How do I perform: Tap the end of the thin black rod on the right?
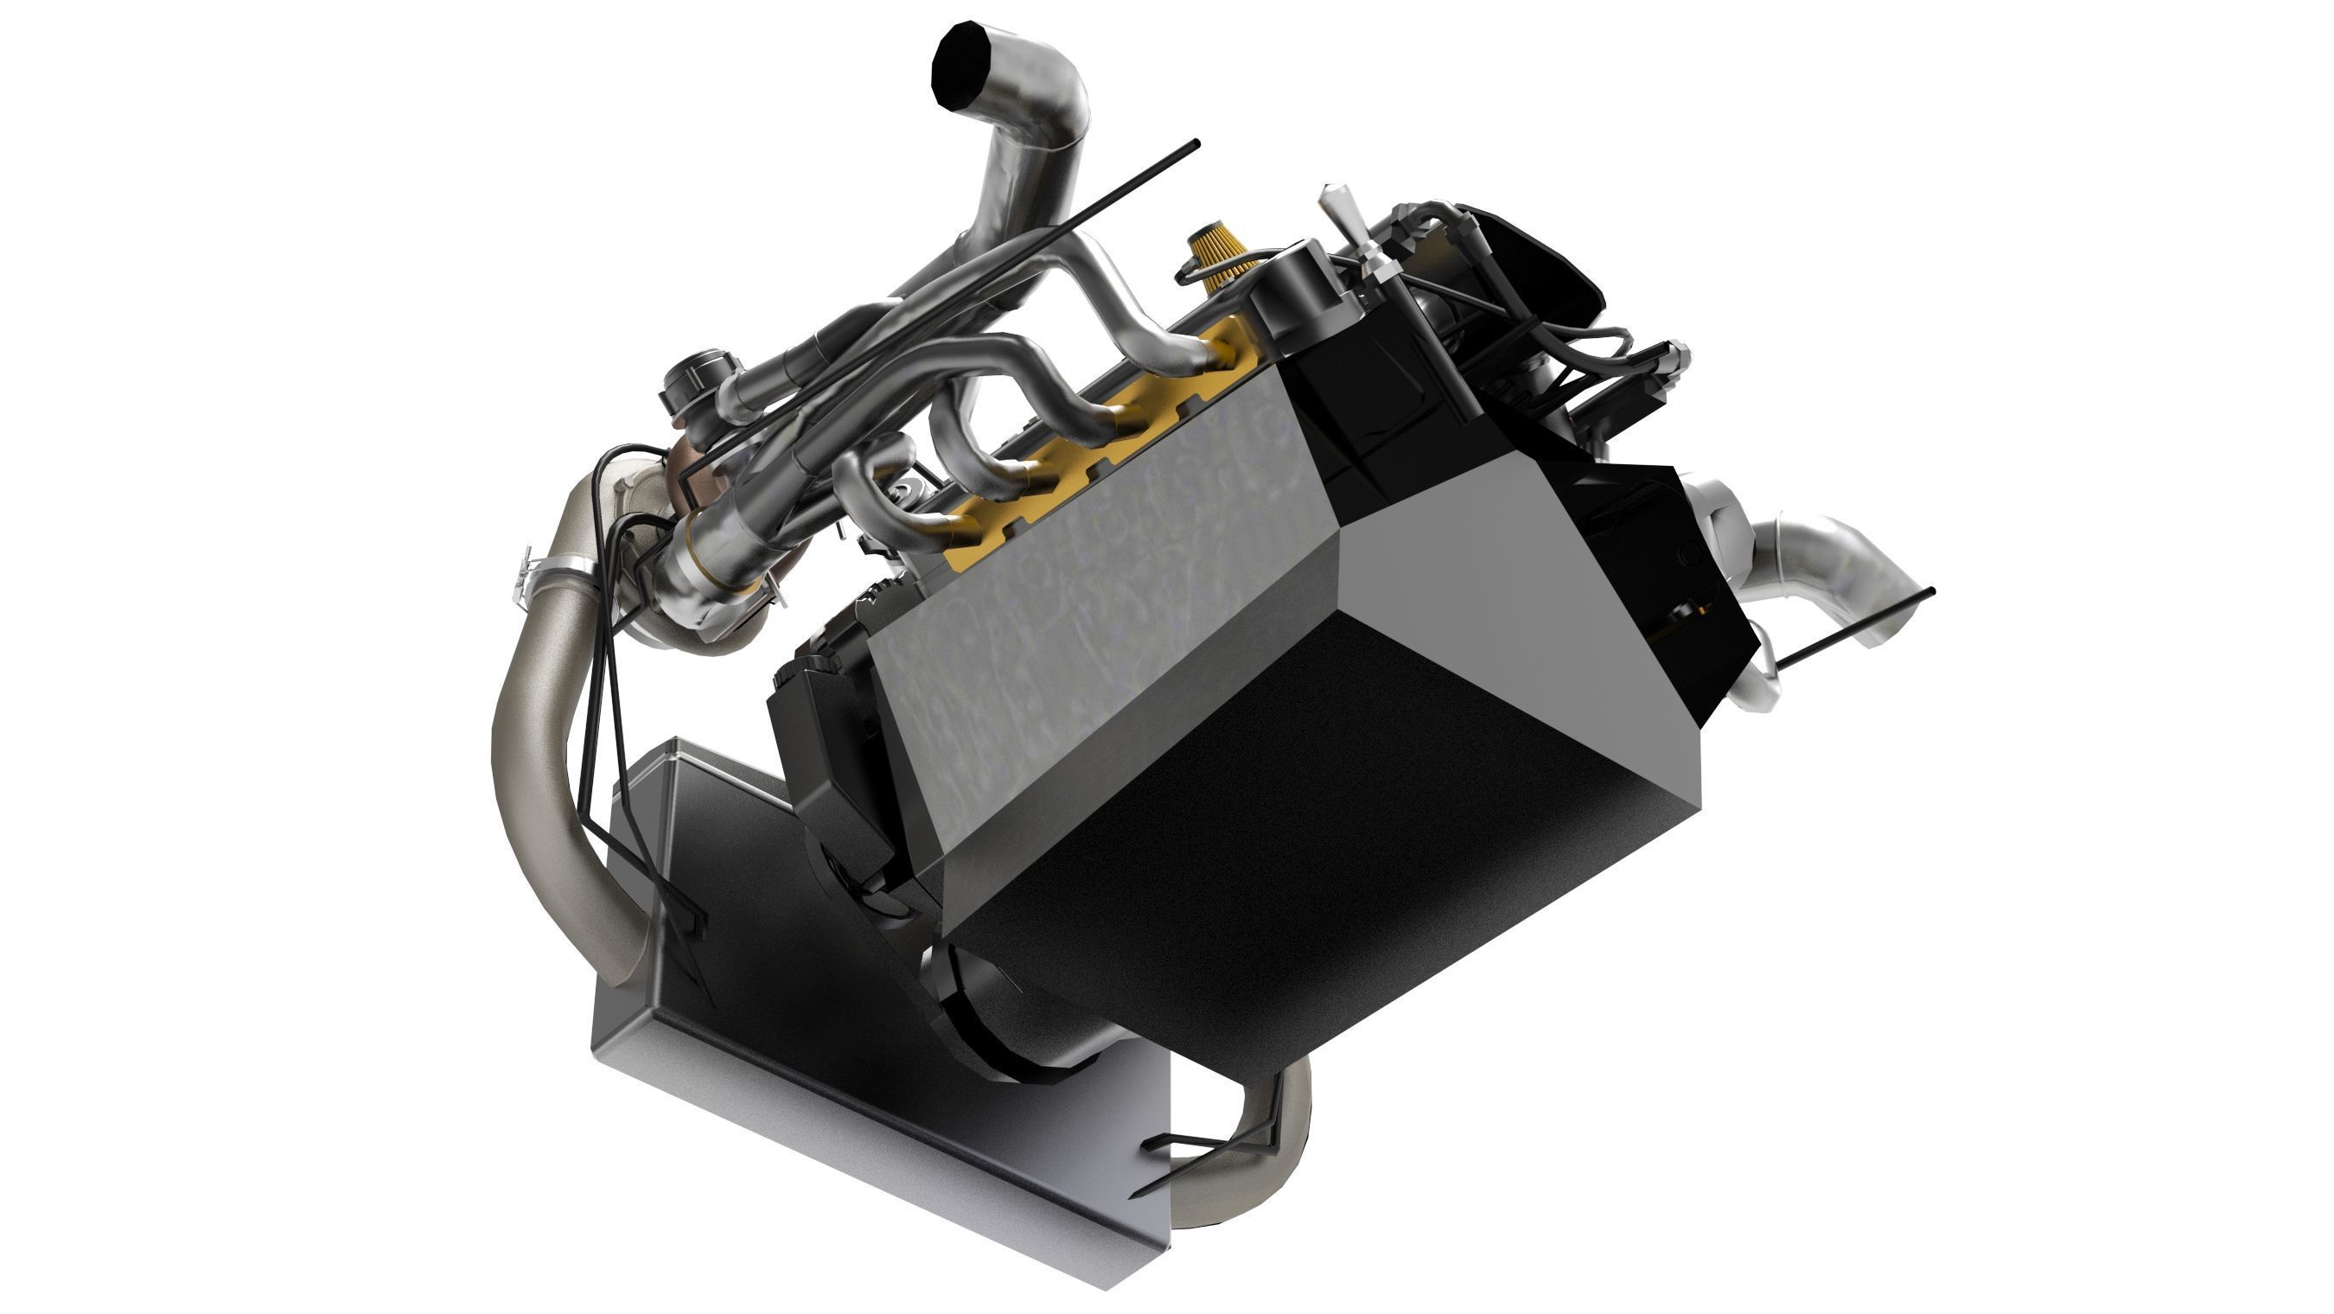click(1931, 590)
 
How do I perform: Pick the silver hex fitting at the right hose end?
click(1676, 354)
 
